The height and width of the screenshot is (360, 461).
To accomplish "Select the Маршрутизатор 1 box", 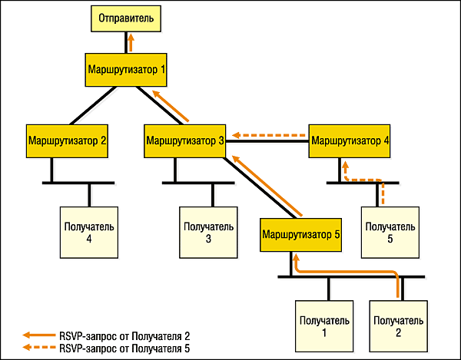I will point(126,69).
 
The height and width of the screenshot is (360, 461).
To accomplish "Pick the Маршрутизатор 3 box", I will point(185,141).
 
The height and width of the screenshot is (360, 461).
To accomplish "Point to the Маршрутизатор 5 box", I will point(300,233).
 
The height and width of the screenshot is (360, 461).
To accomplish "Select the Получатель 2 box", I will point(397,325).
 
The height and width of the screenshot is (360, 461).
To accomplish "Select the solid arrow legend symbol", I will point(38,335).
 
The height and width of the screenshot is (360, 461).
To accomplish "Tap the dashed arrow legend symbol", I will point(38,348).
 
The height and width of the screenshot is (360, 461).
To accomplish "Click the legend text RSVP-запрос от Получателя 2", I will point(123,335).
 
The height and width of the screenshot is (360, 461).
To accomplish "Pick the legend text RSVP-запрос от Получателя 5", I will point(123,348).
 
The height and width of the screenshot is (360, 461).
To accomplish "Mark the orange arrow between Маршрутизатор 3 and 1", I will point(170,106).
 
